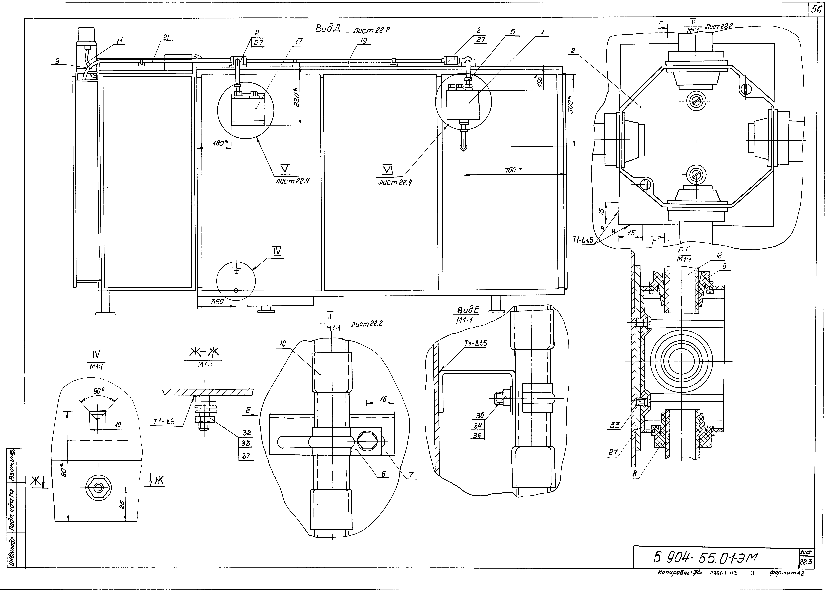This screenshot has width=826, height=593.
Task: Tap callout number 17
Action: tap(299, 42)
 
